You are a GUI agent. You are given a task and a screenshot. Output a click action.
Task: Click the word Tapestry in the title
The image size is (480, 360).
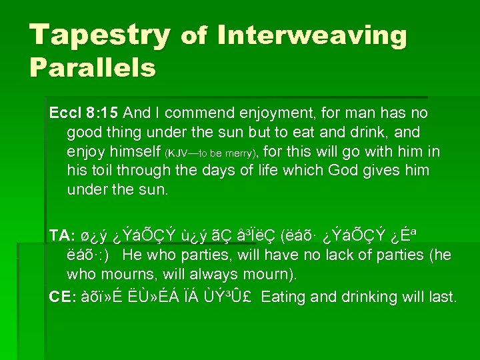click(100, 35)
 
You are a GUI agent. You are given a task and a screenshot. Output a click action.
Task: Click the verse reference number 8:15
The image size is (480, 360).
click(99, 113)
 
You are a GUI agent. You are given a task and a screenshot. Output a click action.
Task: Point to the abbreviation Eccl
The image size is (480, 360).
click(64, 113)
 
